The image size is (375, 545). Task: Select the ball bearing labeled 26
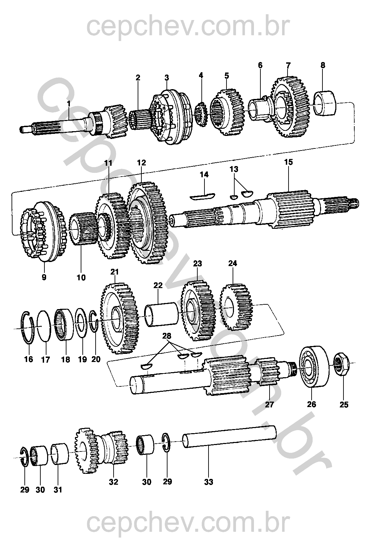point(314,366)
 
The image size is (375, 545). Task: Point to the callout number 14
point(204,175)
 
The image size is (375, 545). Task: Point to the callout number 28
point(167,336)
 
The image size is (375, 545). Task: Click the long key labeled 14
point(202,196)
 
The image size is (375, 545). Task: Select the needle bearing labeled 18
point(64,324)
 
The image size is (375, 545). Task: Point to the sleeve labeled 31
point(60,454)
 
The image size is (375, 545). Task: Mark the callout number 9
point(44,277)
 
